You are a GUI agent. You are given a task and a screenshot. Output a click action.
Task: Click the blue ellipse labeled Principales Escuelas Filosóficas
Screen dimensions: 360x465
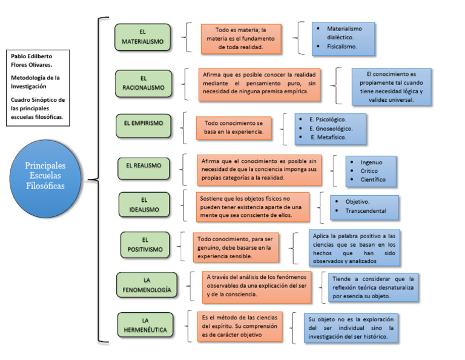pos(45,175)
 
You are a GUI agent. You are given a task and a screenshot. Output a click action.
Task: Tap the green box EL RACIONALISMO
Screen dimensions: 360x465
pos(143,83)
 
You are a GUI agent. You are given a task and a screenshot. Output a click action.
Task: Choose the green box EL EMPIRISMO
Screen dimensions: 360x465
pos(143,123)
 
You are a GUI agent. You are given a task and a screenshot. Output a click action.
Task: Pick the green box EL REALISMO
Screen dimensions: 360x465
pos(143,165)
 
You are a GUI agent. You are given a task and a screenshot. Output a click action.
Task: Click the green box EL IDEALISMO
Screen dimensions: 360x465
pos(143,204)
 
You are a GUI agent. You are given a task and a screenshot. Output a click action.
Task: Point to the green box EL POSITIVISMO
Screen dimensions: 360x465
pos(144,245)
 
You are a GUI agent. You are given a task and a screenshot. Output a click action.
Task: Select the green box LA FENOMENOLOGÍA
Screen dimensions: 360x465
pos(147,285)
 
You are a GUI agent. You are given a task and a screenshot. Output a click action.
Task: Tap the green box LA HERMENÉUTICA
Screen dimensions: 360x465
pos(145,325)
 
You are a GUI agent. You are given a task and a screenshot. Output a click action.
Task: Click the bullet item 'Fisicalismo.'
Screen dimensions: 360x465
pos(342,46)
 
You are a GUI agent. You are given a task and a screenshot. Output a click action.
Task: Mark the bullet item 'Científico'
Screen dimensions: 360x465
pos(373,179)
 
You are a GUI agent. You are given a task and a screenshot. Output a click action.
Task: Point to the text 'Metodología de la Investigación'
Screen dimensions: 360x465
pos(36,82)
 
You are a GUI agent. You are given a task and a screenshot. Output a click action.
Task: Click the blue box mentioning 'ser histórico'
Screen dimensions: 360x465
pos(351,327)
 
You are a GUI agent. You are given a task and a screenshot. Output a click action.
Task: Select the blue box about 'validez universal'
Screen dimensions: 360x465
pos(391,87)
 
